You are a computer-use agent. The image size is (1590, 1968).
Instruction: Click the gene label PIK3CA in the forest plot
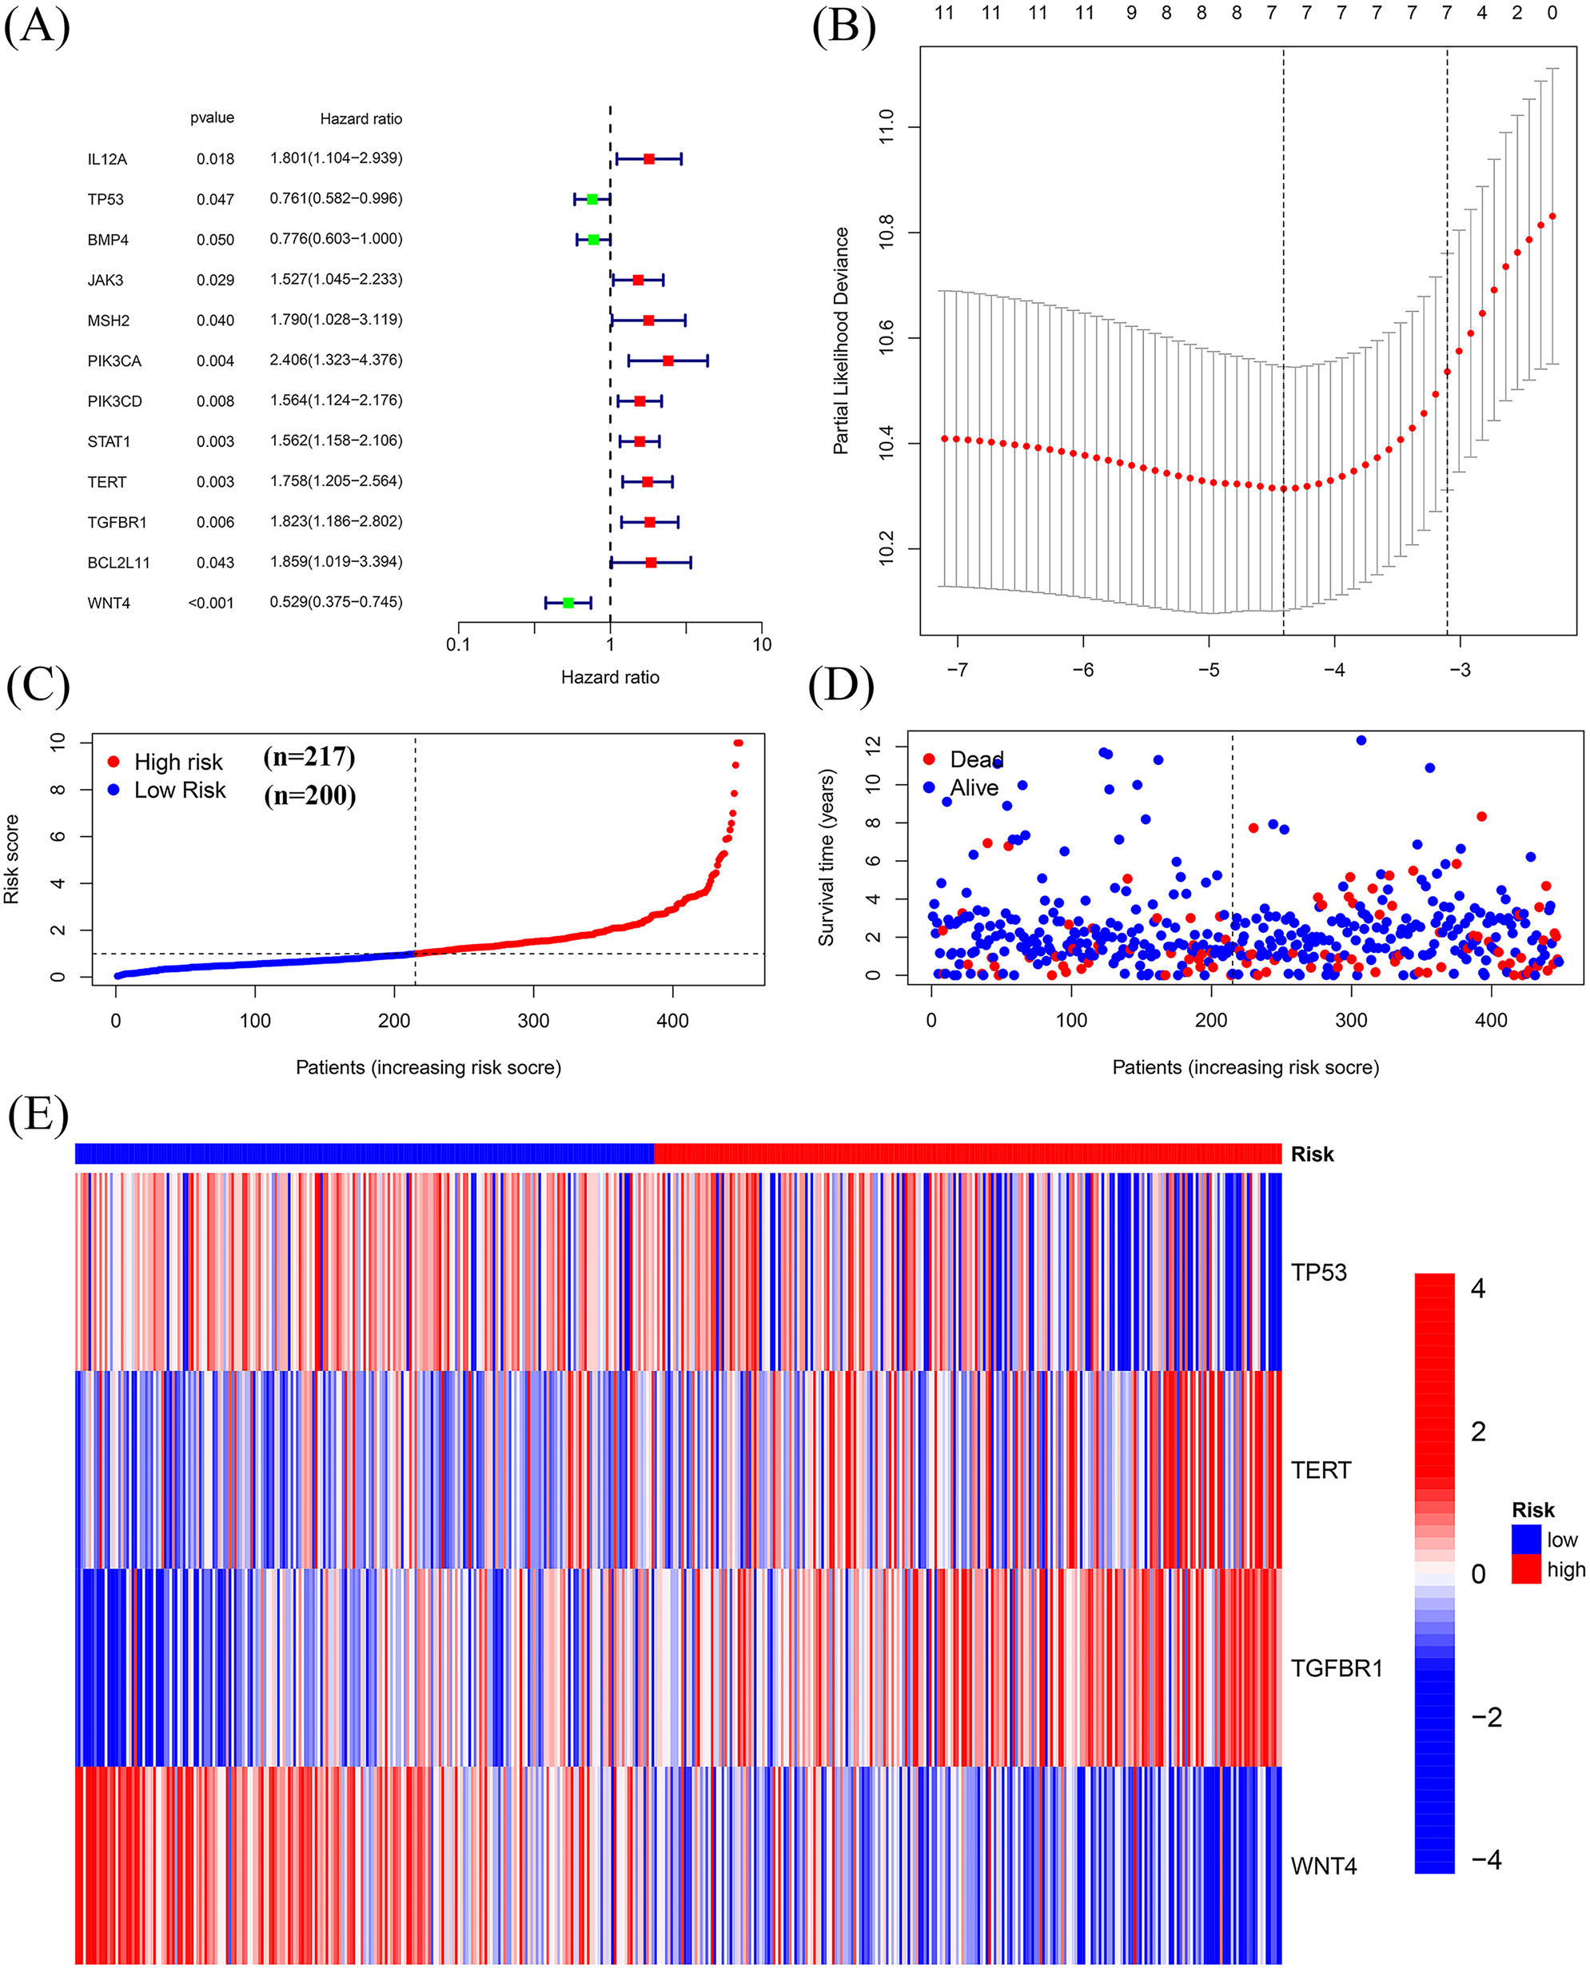pyautogui.click(x=114, y=361)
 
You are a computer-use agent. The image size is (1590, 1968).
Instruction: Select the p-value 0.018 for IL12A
pyautogui.click(x=215, y=159)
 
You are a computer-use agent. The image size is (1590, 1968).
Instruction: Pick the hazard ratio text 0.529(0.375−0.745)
pyautogui.click(x=335, y=602)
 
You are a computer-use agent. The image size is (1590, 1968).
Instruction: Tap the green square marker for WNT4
pyautogui.click(x=568, y=603)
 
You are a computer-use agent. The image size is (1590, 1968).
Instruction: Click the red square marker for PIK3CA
pyautogui.click(x=667, y=361)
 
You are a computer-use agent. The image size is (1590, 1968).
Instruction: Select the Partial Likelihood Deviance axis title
pyautogui.click(x=841, y=341)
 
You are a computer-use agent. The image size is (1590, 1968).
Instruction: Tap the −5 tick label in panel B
pyautogui.click(x=1208, y=669)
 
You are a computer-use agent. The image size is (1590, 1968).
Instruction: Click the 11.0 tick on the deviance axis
pyautogui.click(x=886, y=127)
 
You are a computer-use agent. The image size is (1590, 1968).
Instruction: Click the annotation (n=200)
pyautogui.click(x=309, y=795)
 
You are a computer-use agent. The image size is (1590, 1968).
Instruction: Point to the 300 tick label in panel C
pyautogui.click(x=533, y=1020)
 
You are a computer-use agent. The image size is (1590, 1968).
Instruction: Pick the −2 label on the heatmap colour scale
pyautogui.click(x=1485, y=1717)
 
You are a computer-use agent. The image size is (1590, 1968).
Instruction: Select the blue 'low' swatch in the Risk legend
pyautogui.click(x=1526, y=1540)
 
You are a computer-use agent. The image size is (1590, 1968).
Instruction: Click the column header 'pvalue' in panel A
pyautogui.click(x=212, y=118)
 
